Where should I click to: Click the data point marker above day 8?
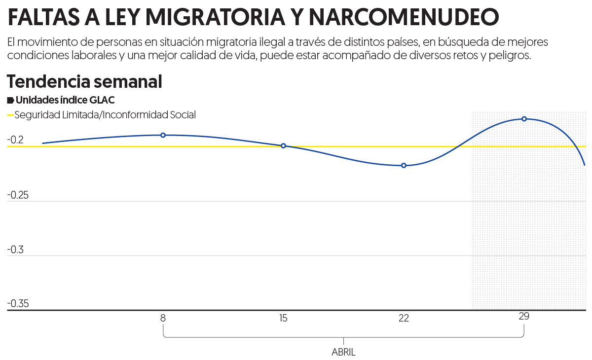(x=163, y=135)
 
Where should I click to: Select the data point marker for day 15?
(x=283, y=146)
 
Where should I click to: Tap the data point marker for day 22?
(x=404, y=166)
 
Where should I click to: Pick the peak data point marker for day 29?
(x=524, y=119)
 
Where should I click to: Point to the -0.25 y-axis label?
(x=18, y=195)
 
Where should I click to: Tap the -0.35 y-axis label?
(x=18, y=303)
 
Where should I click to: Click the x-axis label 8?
(x=163, y=318)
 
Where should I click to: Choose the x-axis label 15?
(x=283, y=318)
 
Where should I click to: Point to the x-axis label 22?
(x=404, y=318)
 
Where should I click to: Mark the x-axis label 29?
(x=524, y=316)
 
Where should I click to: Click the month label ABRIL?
(x=343, y=353)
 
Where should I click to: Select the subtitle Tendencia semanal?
(x=84, y=81)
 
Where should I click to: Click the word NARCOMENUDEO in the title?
(x=404, y=17)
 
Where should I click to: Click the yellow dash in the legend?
(x=10, y=115)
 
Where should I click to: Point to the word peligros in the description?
(x=513, y=55)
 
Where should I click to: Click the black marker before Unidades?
(x=10, y=101)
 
